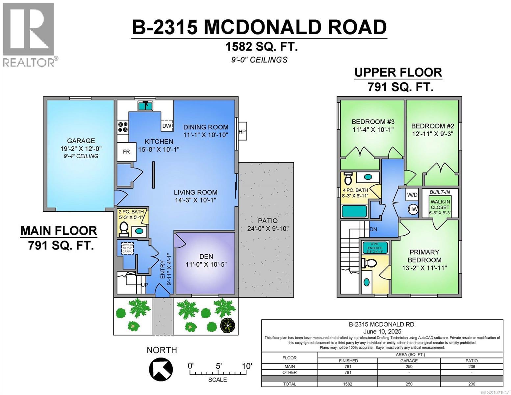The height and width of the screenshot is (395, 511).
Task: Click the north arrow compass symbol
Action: (x=161, y=368)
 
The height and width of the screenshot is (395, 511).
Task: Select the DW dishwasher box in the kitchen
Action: (x=167, y=126)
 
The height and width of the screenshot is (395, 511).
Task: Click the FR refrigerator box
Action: (x=126, y=152)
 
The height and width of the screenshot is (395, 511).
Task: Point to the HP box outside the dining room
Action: (x=242, y=131)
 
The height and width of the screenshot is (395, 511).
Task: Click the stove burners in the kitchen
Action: (x=123, y=127)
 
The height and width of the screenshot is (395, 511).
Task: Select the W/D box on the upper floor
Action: (x=412, y=195)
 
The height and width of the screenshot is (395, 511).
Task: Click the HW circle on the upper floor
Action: (x=413, y=209)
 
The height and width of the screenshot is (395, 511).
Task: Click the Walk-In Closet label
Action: (x=440, y=207)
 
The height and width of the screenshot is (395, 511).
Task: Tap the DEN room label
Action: (x=206, y=256)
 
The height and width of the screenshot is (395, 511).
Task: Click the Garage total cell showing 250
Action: (x=409, y=384)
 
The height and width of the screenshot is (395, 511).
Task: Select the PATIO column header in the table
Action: (x=472, y=360)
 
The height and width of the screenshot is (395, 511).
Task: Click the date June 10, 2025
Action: (x=382, y=331)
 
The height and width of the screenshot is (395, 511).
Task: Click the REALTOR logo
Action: (x=30, y=34)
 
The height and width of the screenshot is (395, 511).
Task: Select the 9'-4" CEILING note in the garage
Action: (x=81, y=156)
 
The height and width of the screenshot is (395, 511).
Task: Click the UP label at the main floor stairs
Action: (x=144, y=285)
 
